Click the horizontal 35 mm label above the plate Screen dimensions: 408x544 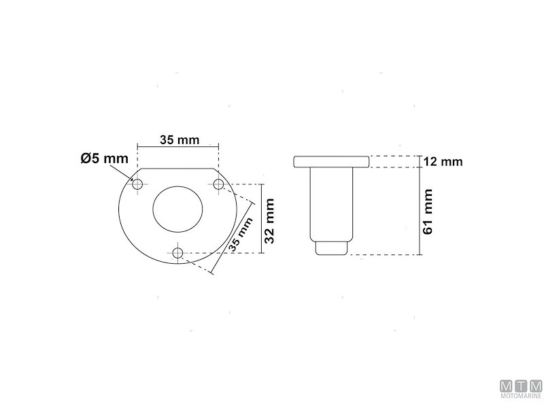click(179, 140)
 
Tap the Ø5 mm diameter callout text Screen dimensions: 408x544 click(104, 158)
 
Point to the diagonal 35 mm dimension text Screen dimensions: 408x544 click(239, 235)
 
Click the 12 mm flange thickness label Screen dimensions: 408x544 click(442, 162)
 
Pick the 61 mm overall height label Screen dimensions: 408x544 click(429, 211)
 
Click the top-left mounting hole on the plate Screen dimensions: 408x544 click(138, 184)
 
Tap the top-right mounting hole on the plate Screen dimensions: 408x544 click(219, 184)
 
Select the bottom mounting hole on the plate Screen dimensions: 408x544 click(179, 253)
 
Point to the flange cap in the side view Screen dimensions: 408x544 click(331, 161)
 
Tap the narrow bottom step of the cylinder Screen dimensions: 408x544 click(331, 248)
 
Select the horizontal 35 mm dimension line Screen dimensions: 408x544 click(179, 146)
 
